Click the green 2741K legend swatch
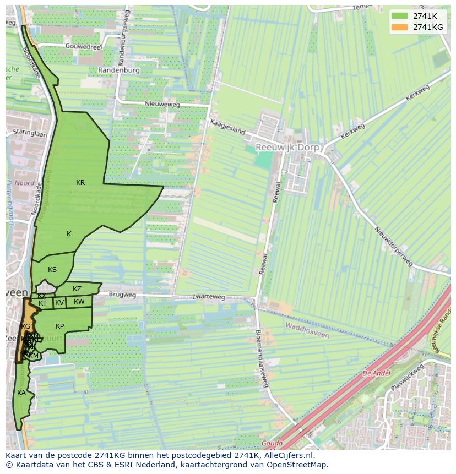tap(399, 16)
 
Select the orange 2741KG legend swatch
tap(399, 27)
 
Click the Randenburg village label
tap(120, 70)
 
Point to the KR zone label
tap(80, 183)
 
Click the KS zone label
tap(52, 270)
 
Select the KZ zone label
tap(77, 289)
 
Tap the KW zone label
tap(79, 302)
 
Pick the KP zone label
tap(60, 326)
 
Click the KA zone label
tap(21, 393)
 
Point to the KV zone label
tap(59, 303)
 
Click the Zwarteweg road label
tap(209, 297)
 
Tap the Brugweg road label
tap(122, 295)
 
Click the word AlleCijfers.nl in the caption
tap(289, 455)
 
